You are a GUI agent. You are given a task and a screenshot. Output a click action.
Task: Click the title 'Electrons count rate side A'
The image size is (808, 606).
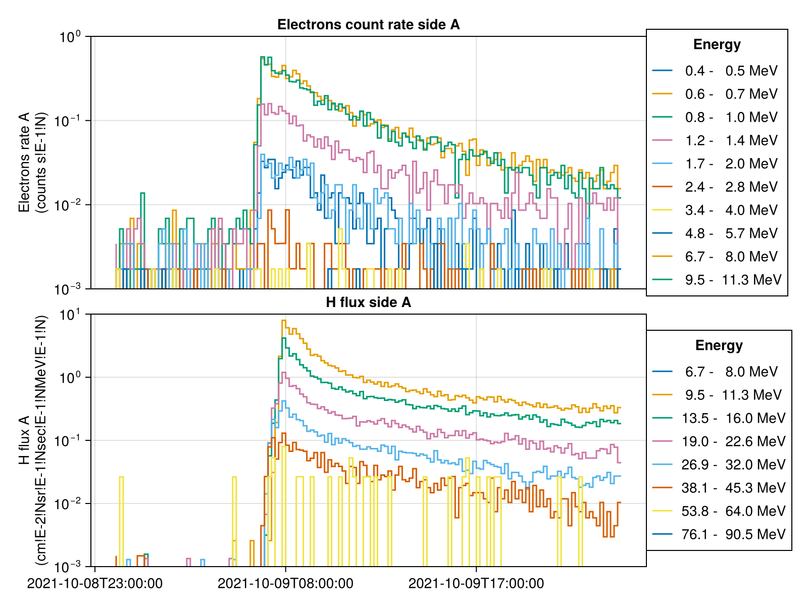[368, 25]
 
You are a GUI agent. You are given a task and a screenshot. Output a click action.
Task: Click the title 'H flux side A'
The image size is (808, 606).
[368, 302]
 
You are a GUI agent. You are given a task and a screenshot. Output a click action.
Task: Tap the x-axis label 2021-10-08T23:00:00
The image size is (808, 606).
[95, 584]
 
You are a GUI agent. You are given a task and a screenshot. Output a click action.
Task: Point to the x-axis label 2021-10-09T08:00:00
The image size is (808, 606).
[285, 584]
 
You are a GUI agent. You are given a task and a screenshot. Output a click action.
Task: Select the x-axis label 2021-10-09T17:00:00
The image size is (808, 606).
[476, 584]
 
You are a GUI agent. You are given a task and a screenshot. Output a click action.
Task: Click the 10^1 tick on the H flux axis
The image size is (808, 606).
[70, 315]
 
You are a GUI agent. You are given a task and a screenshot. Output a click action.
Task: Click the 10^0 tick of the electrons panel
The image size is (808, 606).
[70, 37]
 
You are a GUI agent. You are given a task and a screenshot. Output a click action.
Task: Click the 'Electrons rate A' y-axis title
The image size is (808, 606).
[32, 163]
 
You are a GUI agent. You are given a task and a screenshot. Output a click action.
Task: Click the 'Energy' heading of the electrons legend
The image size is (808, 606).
[717, 44]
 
